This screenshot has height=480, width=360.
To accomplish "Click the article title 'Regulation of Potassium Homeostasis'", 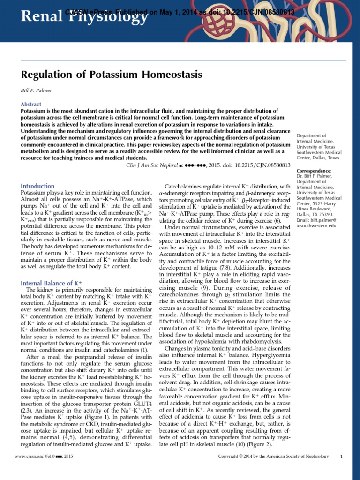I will click(x=112, y=75).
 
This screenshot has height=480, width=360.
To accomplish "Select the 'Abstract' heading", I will click(x=31, y=104).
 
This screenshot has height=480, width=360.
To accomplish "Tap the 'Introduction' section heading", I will click(x=37, y=186).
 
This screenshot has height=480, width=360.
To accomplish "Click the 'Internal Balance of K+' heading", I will click(x=52, y=283).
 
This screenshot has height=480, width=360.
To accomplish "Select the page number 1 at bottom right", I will click(x=342, y=456).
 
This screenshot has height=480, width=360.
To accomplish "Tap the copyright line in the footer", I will click(x=274, y=456).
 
